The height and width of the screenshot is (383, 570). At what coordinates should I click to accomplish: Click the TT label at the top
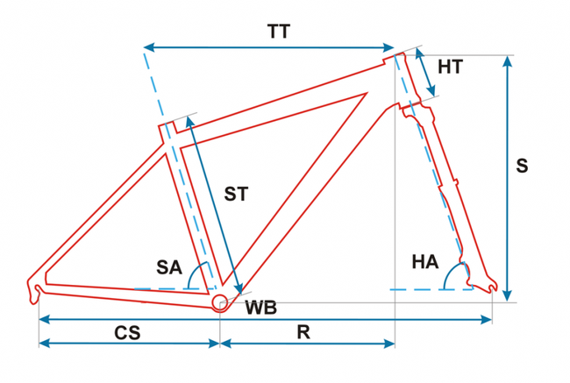[x=279, y=32]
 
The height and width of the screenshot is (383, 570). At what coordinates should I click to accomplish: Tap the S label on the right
[x=523, y=166]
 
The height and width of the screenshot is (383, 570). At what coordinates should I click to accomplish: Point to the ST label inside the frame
[x=236, y=194]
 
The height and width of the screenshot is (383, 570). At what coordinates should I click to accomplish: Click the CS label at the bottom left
[x=128, y=333]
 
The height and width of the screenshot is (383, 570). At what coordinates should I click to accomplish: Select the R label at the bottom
[x=303, y=333]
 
